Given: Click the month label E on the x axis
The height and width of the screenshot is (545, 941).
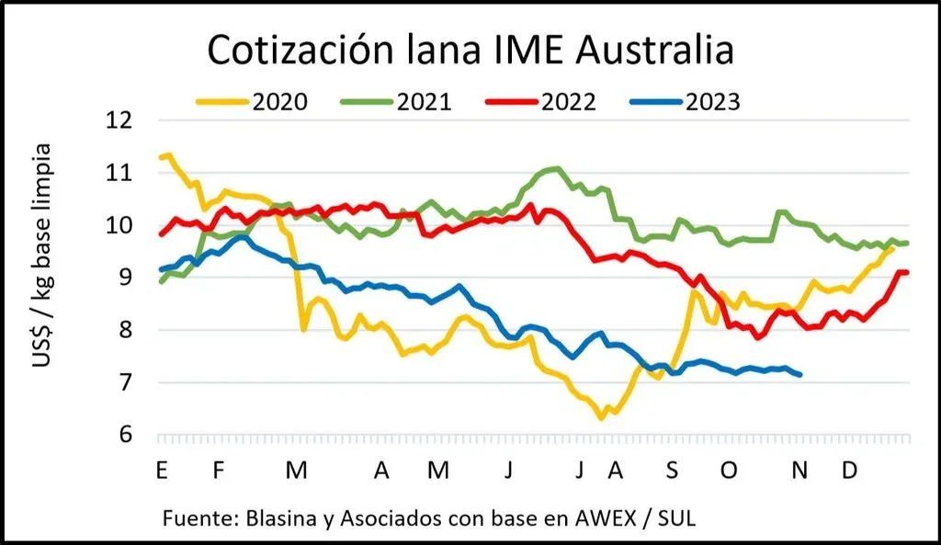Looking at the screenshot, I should pos(162,471).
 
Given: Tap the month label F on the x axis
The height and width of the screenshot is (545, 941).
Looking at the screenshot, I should pos(219,471).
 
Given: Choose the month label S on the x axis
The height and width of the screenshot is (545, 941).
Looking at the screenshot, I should pos(672,471).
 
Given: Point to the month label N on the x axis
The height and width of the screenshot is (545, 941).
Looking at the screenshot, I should pos(800,471).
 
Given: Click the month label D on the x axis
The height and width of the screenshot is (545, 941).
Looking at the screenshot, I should pos(850,471).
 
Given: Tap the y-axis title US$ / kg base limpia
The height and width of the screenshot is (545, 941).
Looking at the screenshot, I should pos(42,255).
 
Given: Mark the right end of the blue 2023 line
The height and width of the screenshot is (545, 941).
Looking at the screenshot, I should pos(800,374).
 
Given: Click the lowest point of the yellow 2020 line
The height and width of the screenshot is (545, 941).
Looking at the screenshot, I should pos(601,418).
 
